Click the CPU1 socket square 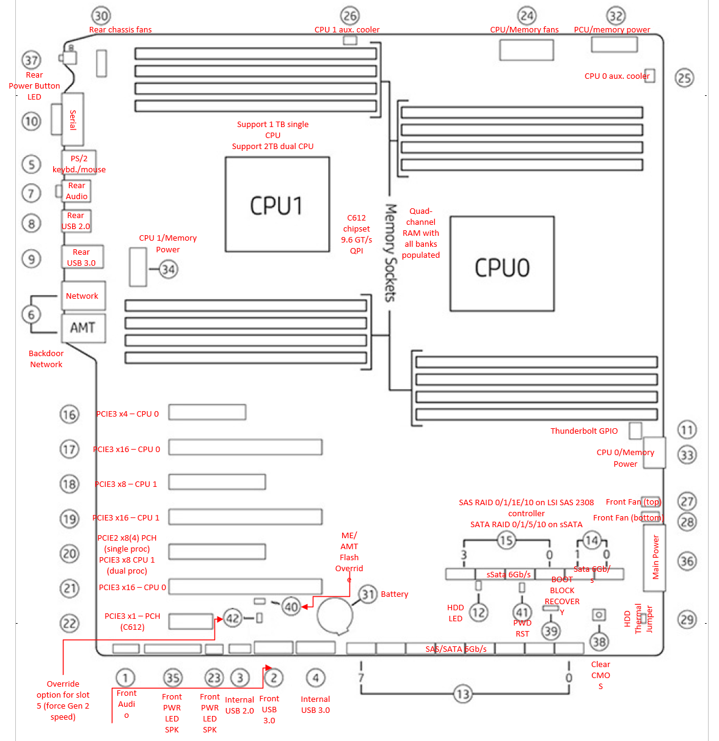pyautogui.click(x=277, y=205)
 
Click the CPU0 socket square pyautogui.click(x=502, y=264)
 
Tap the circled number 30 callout pyautogui.click(x=101, y=16)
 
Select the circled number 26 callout pyautogui.click(x=349, y=16)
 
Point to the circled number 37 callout pyautogui.click(x=31, y=60)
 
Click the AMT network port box pyautogui.click(x=83, y=328)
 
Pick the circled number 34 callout pyautogui.click(x=168, y=269)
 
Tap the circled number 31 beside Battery pyautogui.click(x=368, y=594)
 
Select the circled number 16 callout pyautogui.click(x=69, y=414)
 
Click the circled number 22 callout pyautogui.click(x=69, y=624)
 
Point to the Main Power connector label pyautogui.click(x=655, y=557)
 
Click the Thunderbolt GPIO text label pyautogui.click(x=584, y=431)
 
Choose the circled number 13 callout pyautogui.click(x=462, y=694)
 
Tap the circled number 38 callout pyautogui.click(x=599, y=641)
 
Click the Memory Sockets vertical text pyautogui.click(x=390, y=252)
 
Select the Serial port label pyautogui.click(x=73, y=120)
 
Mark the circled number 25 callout pyautogui.click(x=684, y=78)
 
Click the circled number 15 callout pyautogui.click(x=506, y=541)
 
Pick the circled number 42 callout pyautogui.click(x=233, y=618)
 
